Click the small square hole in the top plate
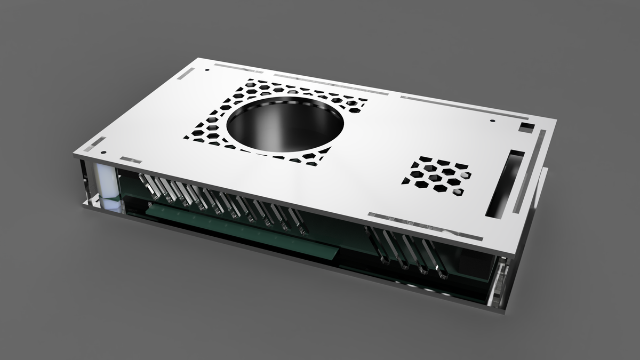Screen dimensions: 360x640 click(x=526, y=126)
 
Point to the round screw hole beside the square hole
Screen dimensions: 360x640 click(x=491, y=121)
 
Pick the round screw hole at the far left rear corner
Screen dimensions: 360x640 click(x=206, y=69)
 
